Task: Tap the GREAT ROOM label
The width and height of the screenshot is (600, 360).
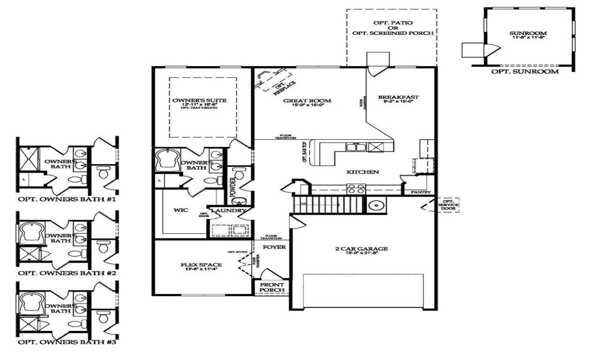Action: [x=307, y=100]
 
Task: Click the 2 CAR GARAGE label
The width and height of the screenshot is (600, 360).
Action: [x=361, y=249]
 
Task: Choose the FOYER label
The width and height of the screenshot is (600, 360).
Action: [x=274, y=247]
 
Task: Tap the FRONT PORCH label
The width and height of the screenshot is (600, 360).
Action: [x=272, y=286]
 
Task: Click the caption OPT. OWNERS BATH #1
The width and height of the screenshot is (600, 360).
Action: [x=67, y=199]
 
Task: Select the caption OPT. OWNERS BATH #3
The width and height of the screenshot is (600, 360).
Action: [x=67, y=342]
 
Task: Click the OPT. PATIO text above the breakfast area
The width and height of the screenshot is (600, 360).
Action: [x=390, y=22]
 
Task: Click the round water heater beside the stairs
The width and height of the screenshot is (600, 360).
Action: [x=375, y=205]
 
